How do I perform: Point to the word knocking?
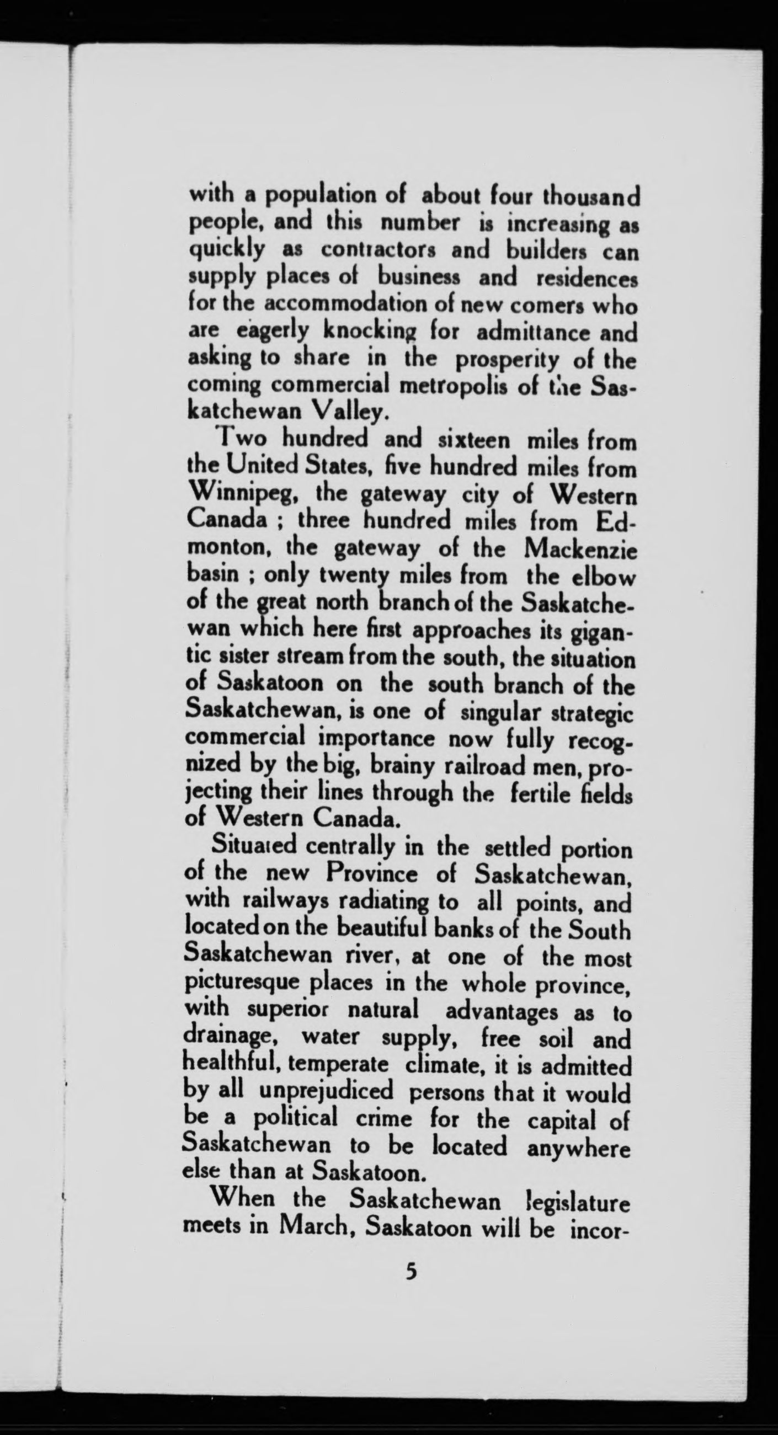365,333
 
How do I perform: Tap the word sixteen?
473,441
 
